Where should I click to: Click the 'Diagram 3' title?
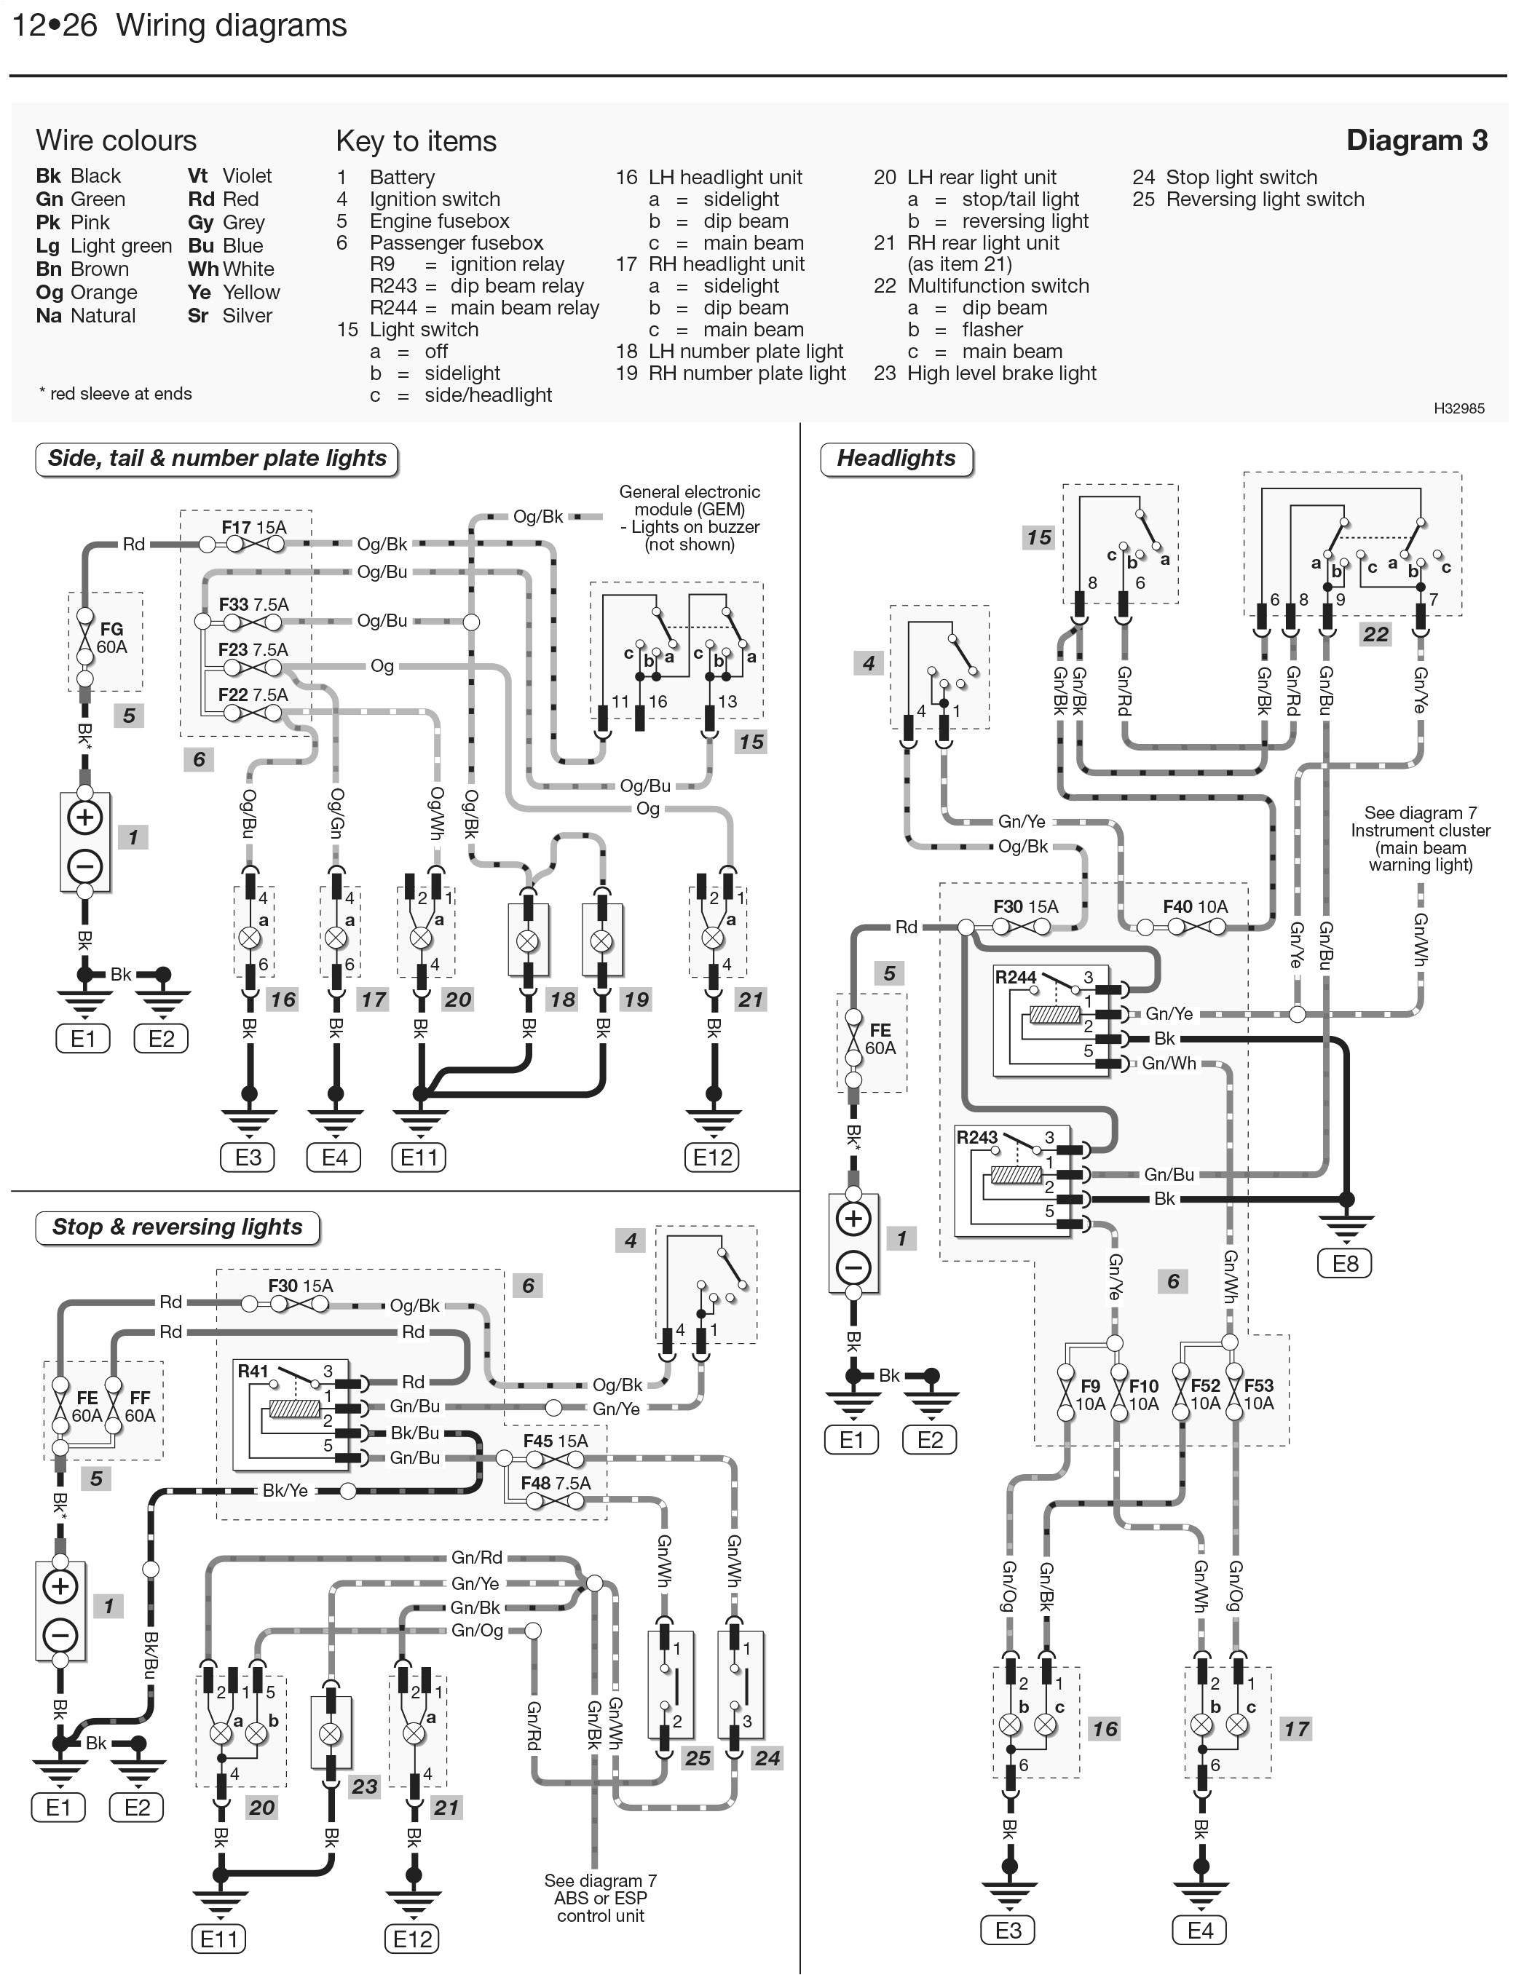pos(1416,140)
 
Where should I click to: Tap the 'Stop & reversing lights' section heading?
pos(177,1227)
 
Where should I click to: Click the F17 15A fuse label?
pos(253,527)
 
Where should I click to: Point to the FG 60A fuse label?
pos(112,638)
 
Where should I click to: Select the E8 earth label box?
pos(1345,1263)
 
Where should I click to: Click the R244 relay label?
pos(1015,977)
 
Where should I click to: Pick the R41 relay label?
pos(253,1372)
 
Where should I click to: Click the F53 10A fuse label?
pos(1258,1394)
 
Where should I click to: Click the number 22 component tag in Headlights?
pos(1375,634)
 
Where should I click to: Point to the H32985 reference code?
pos(1458,408)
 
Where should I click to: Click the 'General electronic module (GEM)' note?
pos(690,518)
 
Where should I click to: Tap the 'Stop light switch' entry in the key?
pos(1241,178)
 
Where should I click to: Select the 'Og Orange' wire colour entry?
pos(87,293)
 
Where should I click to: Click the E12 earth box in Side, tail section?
pos(712,1157)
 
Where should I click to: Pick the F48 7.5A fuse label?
pos(555,1484)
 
